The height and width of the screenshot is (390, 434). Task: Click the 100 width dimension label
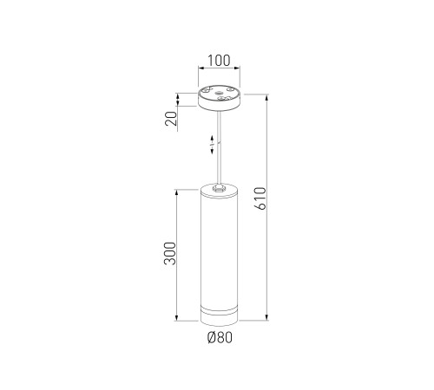219,61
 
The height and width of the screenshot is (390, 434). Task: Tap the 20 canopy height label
171,119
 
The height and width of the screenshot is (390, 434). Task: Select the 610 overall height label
260,198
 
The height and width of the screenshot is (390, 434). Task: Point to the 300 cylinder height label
169,253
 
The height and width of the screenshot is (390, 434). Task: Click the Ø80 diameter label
220,337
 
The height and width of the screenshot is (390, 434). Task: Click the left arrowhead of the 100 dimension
201,68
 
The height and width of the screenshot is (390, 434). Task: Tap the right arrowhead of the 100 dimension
237,68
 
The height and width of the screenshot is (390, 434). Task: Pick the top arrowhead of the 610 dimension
266,97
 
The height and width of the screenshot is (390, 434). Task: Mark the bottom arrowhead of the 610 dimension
266,317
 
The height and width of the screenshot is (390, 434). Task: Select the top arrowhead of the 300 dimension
176,192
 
